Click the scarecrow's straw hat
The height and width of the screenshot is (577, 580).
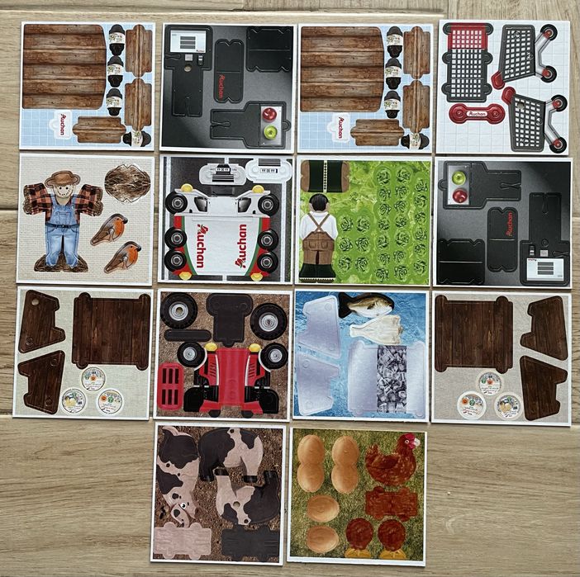pyautogui.click(x=62, y=178)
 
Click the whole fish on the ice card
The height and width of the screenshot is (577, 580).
pyautogui.click(x=366, y=306)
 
